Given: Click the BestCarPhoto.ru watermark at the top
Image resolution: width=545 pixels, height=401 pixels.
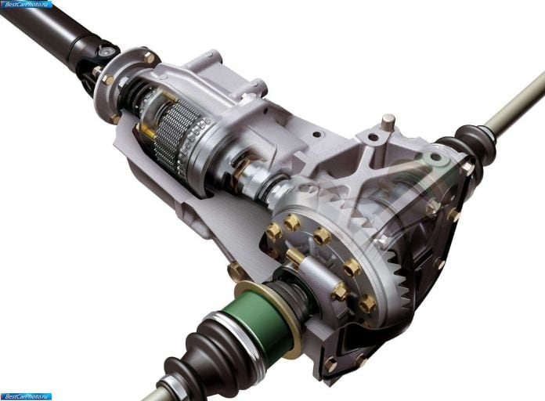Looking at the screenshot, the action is tap(27, 4).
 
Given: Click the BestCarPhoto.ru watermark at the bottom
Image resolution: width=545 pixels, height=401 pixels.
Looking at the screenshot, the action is tap(27, 396).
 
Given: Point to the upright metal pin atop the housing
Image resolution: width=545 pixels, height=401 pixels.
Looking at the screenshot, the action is tap(388, 121).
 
